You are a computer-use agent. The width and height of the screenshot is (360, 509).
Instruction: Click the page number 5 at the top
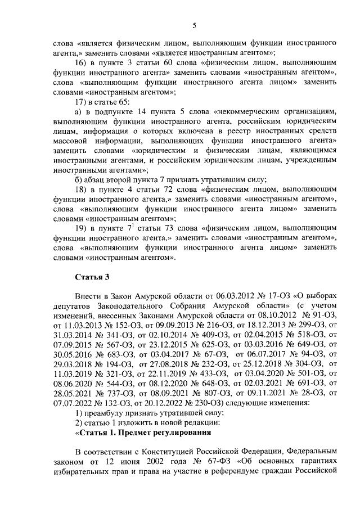[193, 25]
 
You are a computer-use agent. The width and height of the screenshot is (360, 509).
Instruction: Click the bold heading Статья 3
[91, 277]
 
